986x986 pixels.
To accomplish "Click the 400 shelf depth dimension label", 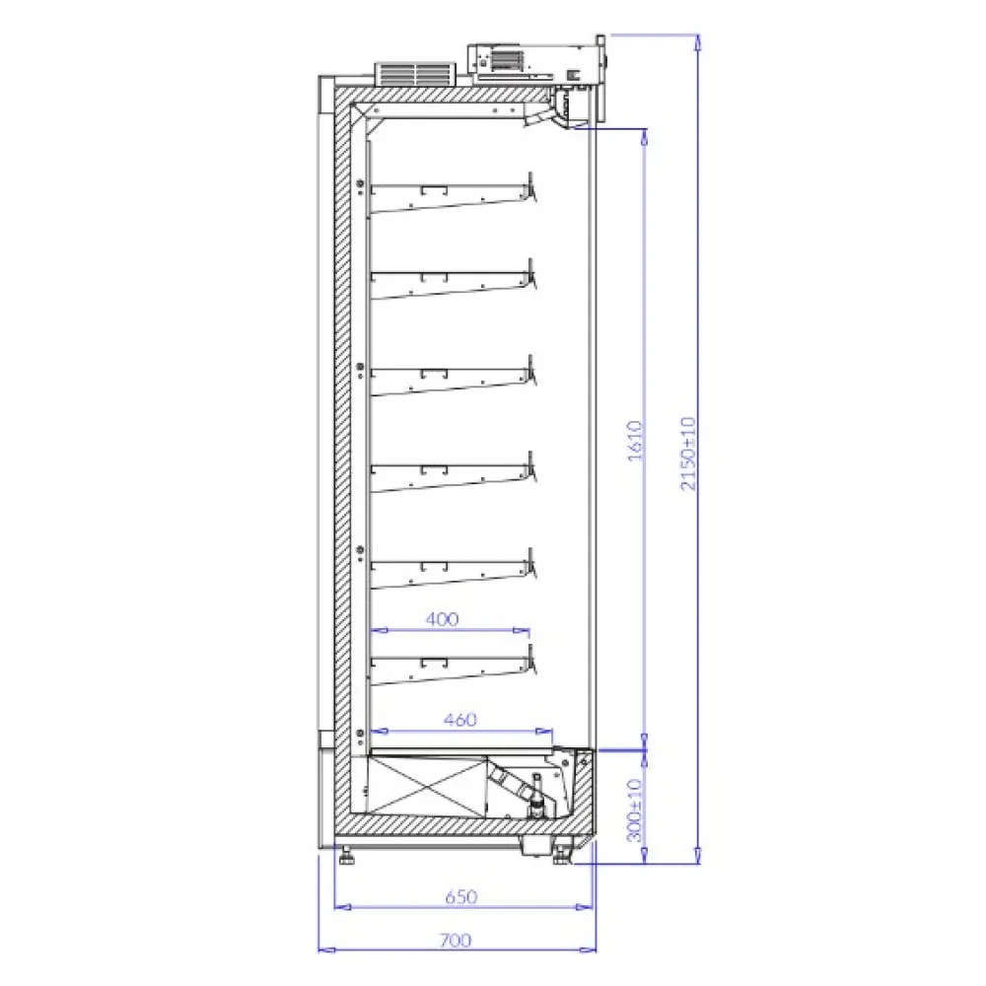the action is pos(442,619).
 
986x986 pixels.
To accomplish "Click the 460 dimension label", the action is pos(460,720).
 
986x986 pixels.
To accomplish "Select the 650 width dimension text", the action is pos(461,896).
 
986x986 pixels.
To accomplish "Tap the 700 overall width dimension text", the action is pos(456,940).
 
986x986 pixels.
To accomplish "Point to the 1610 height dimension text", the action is pos(636,441).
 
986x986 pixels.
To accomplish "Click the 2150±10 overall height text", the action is pos(688,453).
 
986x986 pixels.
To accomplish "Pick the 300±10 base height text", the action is pos(635,810).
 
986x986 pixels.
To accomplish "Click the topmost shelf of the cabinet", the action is pos(453,195).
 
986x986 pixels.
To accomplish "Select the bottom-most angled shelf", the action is pos(453,667).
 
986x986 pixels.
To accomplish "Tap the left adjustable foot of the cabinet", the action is pos(345,856).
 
